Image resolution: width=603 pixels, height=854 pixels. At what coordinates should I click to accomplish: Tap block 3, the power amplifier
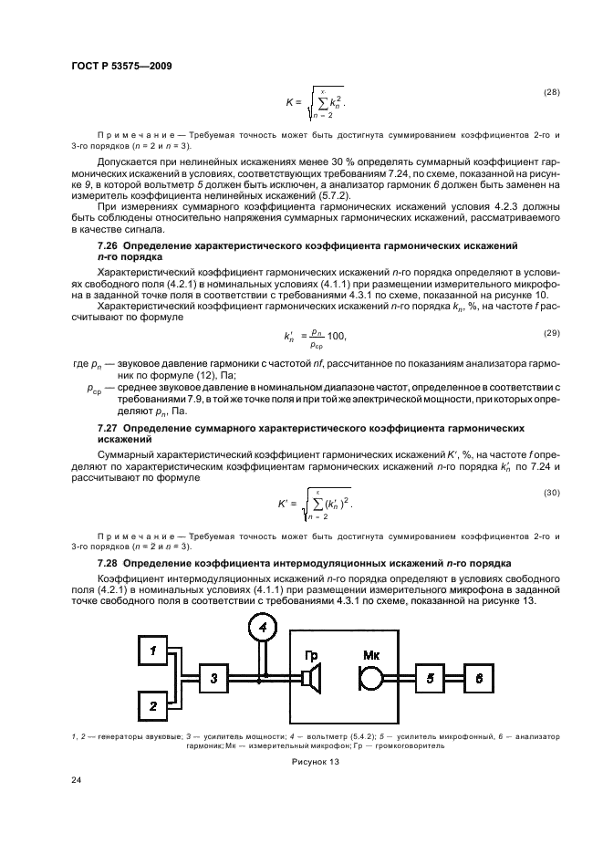(213, 677)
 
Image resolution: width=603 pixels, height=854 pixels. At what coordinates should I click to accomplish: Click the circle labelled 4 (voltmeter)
(262, 629)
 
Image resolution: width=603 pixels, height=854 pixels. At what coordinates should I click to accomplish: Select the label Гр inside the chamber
(311, 653)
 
